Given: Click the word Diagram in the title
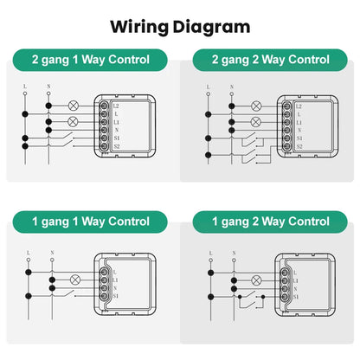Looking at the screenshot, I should tap(209, 26).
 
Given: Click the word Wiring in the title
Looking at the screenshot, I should tap(138, 26).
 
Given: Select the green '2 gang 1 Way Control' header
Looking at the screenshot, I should tap(91, 61).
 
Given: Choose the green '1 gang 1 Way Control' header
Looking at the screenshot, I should tap(91, 222).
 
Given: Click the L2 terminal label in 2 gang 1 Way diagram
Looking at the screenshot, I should tap(116, 106).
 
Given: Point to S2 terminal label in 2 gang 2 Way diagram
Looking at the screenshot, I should tap(299, 147).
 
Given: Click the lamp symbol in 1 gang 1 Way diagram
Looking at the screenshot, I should tap(74, 280).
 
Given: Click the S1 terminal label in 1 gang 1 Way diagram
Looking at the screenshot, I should tap(116, 297).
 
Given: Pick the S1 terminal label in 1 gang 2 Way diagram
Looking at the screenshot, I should tap(297, 297).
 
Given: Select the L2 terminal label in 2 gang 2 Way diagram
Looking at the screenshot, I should tap(299, 106).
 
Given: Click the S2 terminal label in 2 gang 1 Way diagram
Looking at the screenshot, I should tap(116, 147).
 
